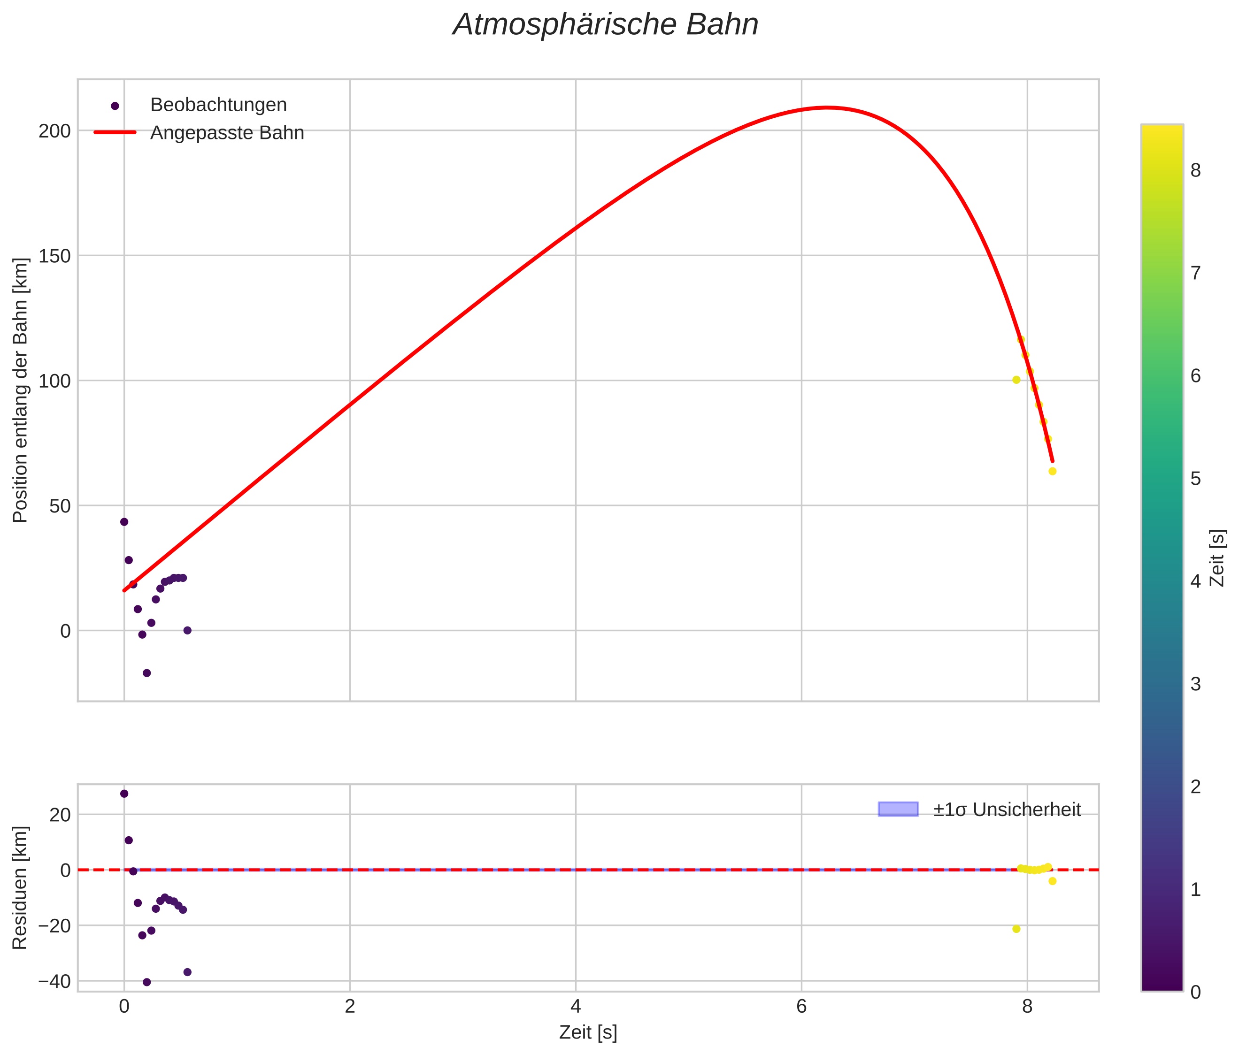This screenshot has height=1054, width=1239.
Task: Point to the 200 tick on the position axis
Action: coord(54,131)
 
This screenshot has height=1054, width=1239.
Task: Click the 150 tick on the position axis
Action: coord(54,256)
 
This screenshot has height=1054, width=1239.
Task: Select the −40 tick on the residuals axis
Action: coord(54,981)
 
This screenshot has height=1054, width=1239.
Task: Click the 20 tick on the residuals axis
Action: coord(60,814)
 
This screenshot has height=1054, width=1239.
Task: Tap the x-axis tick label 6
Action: coord(801,1007)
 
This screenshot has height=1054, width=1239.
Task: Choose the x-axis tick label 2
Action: coord(350,1007)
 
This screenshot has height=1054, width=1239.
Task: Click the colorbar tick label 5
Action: coord(1195,479)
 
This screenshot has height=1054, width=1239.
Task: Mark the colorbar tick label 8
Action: coord(1195,171)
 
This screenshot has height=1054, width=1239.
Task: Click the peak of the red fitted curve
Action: coord(827,107)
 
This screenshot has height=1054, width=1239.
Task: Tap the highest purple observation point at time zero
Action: coord(124,522)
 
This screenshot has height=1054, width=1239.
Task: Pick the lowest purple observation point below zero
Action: coord(147,673)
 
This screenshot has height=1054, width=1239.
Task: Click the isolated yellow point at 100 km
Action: coord(1016,380)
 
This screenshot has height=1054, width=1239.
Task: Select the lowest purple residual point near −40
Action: coord(147,982)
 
